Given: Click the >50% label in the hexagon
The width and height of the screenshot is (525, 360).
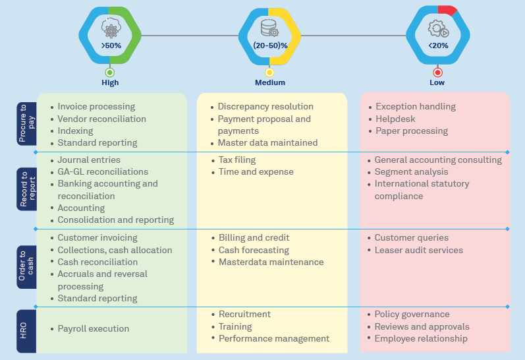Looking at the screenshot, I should point(111,45).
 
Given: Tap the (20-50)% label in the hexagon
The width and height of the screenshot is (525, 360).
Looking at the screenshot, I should point(270,45).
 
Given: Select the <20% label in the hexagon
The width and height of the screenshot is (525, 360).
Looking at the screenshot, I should point(438,45).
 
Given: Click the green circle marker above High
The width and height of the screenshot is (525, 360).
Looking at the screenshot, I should point(110,73).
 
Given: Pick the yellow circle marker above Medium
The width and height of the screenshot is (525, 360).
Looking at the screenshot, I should point(269,73).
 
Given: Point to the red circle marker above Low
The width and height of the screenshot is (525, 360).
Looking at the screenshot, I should point(437,73).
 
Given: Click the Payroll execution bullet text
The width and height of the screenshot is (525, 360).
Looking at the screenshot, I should point(93,328).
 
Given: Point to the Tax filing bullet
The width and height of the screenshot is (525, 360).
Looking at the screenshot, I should point(236,160).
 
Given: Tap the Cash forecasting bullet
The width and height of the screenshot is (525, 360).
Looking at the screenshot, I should point(254,250).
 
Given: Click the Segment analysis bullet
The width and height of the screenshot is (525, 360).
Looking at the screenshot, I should point(411,171).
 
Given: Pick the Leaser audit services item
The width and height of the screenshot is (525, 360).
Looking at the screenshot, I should point(418,250).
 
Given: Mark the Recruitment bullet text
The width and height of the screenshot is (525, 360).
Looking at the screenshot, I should point(244,314).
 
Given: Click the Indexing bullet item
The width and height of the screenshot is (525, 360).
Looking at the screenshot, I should point(75,131).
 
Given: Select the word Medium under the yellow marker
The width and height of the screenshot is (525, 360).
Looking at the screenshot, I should point(270,82).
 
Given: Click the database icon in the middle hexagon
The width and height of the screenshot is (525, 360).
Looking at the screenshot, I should point(269,28).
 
